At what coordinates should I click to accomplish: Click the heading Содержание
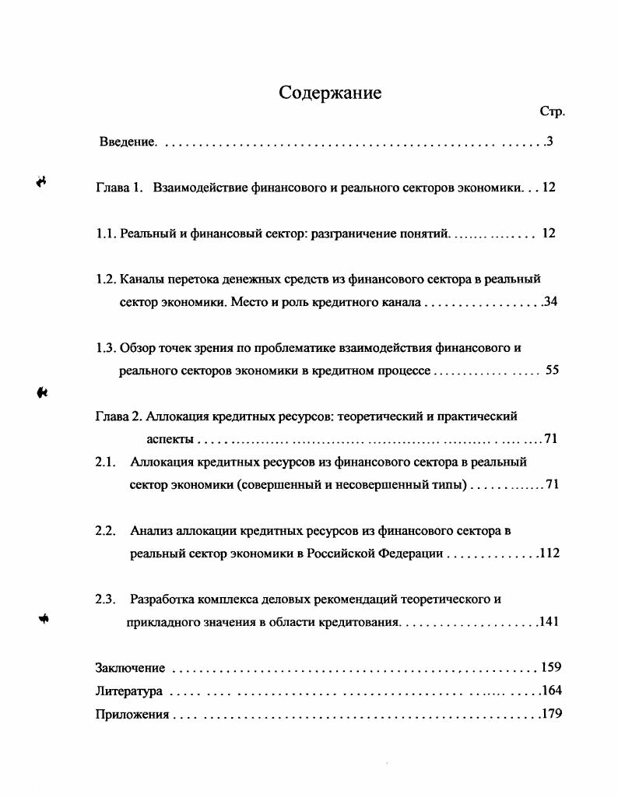click(x=330, y=93)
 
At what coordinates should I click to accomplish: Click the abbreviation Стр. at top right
click(x=552, y=112)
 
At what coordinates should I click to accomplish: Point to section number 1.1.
click(x=105, y=234)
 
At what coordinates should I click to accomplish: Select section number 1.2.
click(x=105, y=279)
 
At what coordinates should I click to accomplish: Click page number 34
click(x=551, y=301)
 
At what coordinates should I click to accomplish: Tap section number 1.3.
click(x=105, y=347)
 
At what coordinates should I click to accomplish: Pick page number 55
click(x=552, y=371)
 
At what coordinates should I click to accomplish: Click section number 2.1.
click(x=106, y=462)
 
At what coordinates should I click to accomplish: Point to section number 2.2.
click(x=106, y=531)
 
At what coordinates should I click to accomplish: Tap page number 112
click(x=550, y=554)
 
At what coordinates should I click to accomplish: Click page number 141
click(x=550, y=622)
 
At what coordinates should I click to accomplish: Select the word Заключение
click(x=130, y=668)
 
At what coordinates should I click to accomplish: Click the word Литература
click(x=128, y=691)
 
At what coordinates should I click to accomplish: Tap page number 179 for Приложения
click(x=552, y=713)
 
